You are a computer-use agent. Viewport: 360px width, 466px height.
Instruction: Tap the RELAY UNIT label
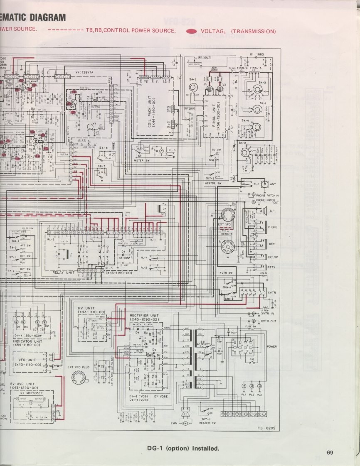tap(63, 272)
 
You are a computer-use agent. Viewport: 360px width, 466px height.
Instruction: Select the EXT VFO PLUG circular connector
tap(78, 378)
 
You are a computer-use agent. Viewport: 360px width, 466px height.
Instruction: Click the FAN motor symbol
tap(186, 423)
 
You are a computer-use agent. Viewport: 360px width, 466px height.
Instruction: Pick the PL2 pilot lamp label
tap(252, 395)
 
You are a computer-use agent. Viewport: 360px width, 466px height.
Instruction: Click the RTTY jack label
tap(272, 267)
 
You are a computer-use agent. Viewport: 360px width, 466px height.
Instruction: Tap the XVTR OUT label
tap(268, 321)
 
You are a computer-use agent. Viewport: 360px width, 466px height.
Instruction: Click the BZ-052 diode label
tap(123, 257)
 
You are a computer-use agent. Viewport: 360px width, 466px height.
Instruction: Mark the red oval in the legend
tap(192, 31)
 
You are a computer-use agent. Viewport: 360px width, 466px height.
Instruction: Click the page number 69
tap(330, 453)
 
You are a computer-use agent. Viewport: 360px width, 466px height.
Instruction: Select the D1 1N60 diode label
tap(257, 54)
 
